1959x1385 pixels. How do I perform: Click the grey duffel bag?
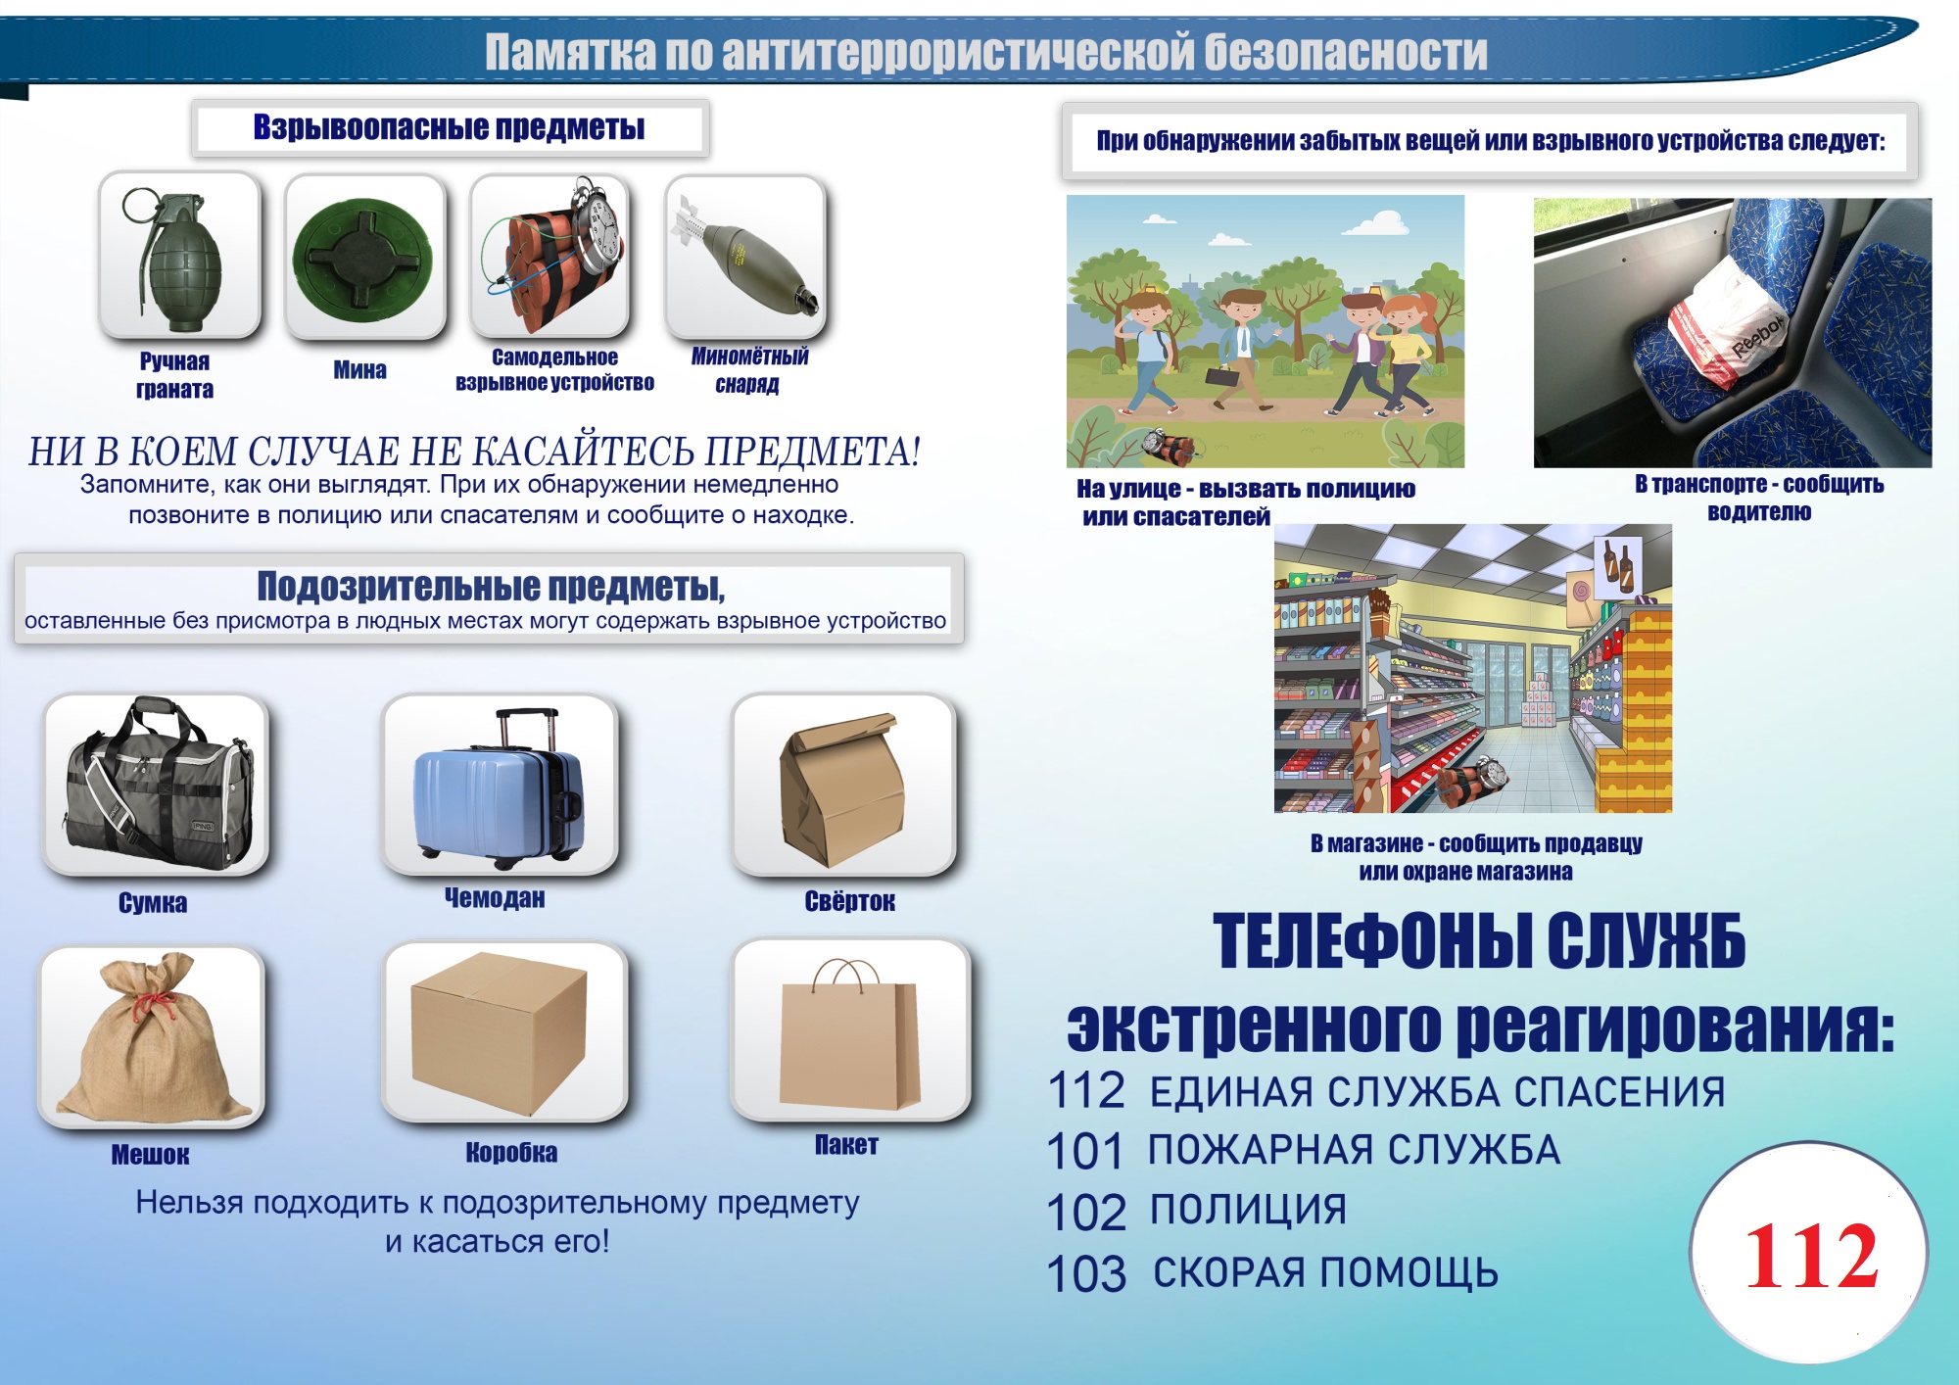pyautogui.click(x=157, y=784)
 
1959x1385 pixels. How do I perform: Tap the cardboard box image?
pyautogui.click(x=500, y=1034)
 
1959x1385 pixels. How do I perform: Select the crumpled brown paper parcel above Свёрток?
pyautogui.click(x=841, y=789)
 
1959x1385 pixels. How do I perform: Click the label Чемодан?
pyautogui.click(x=495, y=897)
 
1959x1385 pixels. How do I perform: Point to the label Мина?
pyautogui.click(x=359, y=370)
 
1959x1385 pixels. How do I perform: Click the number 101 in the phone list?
pyautogui.click(x=1084, y=1151)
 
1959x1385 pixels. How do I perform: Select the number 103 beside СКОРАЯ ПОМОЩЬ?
pyautogui.click(x=1086, y=1274)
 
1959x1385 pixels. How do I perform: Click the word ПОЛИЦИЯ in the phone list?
pyautogui.click(x=1248, y=1210)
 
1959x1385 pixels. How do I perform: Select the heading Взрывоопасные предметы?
pyautogui.click(x=449, y=127)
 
